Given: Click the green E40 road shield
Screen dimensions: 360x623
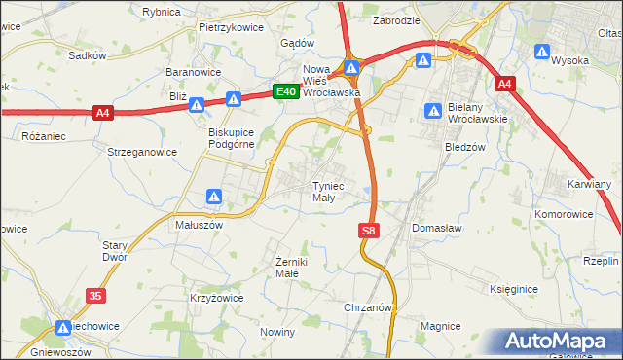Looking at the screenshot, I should pos(284,91).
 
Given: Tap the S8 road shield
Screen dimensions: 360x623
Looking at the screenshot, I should pos(367,231).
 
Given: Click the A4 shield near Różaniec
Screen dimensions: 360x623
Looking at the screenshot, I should pos(103,114).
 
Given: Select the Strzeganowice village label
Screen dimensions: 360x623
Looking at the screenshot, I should pos(142,152).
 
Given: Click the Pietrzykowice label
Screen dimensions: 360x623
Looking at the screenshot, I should pos(231,28).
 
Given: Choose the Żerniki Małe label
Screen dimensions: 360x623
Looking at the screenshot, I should pos(291,268).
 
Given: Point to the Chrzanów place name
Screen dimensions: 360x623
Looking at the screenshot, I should pos(368,306).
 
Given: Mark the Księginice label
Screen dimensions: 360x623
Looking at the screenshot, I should pos(514,290).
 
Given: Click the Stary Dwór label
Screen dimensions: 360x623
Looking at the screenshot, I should pos(115,252).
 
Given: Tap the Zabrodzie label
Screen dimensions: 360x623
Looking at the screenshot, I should pos(396,19).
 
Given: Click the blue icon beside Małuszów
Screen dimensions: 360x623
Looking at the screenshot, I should pos(215,197).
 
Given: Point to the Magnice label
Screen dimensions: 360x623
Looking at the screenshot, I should pos(440,326).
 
